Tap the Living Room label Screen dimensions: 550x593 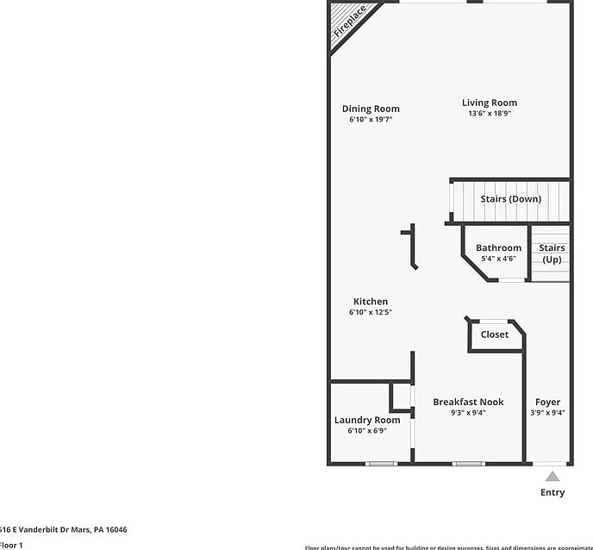tap(490, 103)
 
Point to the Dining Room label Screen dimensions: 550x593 tap(371, 109)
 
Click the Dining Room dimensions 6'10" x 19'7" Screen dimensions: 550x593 tap(371, 120)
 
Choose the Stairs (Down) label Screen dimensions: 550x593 tap(510, 199)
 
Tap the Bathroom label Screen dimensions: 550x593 tap(498, 248)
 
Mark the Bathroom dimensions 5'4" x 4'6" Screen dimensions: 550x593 tap(498, 259)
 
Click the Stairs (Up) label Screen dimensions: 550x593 tap(552, 253)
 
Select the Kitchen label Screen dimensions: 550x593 tap(371, 302)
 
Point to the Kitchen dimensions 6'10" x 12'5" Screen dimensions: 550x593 tap(371, 312)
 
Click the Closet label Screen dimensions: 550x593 tap(495, 334)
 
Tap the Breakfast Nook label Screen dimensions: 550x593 tap(468, 402)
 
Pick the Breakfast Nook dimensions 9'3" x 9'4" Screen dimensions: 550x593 tap(468, 413)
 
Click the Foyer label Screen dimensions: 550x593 tap(547, 402)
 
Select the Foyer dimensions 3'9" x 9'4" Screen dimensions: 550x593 tap(547, 413)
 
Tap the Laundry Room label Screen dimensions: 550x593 tap(367, 420)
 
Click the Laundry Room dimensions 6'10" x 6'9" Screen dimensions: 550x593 tap(367, 430)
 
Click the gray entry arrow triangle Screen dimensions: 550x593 tap(552, 476)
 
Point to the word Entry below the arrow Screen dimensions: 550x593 tap(552, 493)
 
